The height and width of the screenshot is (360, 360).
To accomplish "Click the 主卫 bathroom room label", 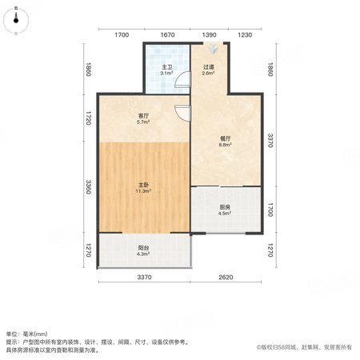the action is point(167,67).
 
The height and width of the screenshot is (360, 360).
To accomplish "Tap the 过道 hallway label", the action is point(208,67).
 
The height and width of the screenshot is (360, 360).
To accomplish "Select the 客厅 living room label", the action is point(143,116).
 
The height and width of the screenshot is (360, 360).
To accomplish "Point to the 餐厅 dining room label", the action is point(226,138).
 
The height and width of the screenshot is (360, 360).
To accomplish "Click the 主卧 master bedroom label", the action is point(143,185).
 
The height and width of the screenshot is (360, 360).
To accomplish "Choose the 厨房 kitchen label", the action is point(225,207).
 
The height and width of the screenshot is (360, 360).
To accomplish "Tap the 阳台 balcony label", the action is point(143,248).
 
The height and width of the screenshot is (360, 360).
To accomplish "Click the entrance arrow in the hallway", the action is point(213,49).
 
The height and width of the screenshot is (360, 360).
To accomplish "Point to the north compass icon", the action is point(16,21).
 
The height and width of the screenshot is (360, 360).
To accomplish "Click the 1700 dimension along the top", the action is point(122,35).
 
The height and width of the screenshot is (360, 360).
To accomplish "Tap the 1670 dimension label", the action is point(167,35).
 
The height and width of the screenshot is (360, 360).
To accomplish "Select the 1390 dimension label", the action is point(209,35).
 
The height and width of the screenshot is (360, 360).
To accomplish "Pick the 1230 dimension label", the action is point(245,35).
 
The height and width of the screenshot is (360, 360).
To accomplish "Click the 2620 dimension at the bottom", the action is point(226,278).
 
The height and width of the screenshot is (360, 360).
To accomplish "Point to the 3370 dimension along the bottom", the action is point(144,278).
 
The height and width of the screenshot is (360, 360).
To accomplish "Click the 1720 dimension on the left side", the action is point(89,118).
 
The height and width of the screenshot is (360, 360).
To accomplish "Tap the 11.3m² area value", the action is point(143,191).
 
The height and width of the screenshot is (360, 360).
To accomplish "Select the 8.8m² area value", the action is point(226,145).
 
